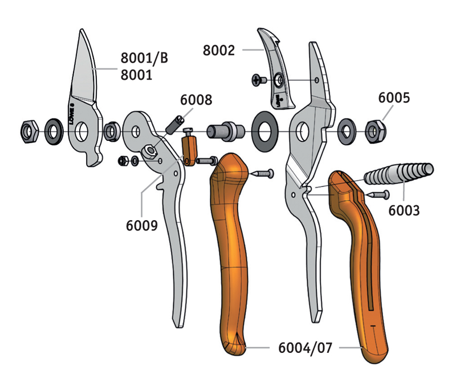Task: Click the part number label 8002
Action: coord(219,50)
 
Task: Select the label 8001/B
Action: coord(144,58)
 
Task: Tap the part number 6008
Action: coord(196,100)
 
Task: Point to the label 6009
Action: coord(141,225)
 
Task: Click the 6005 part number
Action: coord(394,97)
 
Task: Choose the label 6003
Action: coord(404,210)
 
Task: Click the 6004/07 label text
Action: coord(305,348)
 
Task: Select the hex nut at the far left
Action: coord(30,132)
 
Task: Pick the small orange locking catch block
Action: coord(189,151)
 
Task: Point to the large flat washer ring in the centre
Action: coord(264,131)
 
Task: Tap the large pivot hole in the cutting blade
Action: coord(81,132)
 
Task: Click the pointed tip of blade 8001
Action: coord(82,29)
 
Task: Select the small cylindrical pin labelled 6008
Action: coord(175,125)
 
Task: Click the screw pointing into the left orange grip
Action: coord(262,173)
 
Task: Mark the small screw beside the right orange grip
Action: coord(377,194)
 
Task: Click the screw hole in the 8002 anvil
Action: coord(279,79)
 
